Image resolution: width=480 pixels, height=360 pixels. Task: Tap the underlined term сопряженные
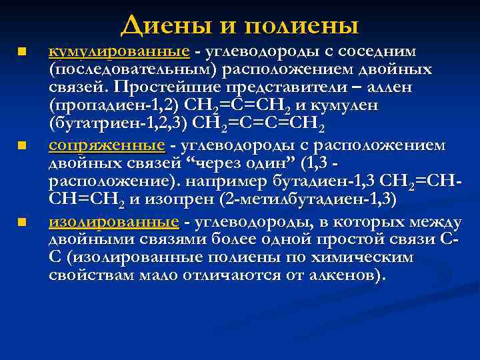coord(107,145)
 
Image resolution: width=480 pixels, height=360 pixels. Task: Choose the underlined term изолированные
coord(114,221)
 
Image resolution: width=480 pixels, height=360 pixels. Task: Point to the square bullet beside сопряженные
coord(21,145)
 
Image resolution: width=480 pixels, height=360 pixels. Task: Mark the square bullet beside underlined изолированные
coord(21,221)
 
